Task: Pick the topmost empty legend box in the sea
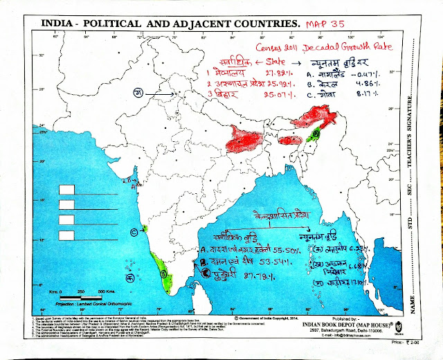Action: [68, 190]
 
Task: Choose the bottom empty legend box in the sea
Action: [68, 235]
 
